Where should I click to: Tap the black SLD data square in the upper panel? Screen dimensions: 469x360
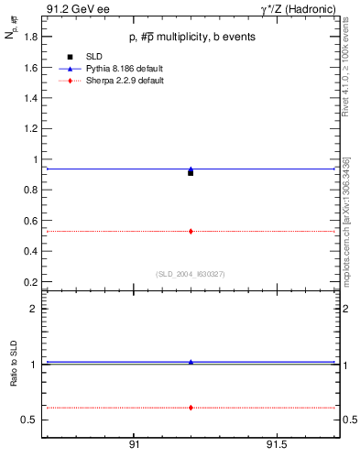[191, 172]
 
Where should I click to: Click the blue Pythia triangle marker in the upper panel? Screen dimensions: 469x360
[191, 169]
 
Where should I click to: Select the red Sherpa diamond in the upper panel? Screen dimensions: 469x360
[191, 231]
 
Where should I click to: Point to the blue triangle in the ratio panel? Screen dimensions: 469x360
[191, 362]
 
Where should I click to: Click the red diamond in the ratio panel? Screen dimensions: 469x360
[191, 407]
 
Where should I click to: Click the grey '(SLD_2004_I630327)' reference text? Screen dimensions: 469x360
[190, 273]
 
